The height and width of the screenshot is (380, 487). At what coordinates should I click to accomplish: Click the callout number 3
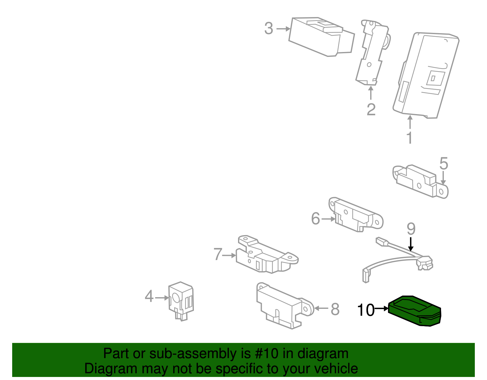click(x=268, y=29)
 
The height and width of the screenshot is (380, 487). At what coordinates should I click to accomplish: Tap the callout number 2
click(x=371, y=110)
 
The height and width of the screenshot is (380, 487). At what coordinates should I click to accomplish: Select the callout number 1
click(x=410, y=138)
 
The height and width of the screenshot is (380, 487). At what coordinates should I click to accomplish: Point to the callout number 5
click(x=443, y=164)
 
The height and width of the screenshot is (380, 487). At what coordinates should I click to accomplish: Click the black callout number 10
click(x=366, y=310)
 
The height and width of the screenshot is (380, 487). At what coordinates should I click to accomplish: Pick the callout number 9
click(x=411, y=229)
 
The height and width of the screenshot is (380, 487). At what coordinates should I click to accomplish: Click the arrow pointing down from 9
click(x=411, y=244)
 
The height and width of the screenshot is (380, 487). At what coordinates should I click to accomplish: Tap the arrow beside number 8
click(x=321, y=309)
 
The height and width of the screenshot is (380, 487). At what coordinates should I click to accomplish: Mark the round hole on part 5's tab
click(x=441, y=192)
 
